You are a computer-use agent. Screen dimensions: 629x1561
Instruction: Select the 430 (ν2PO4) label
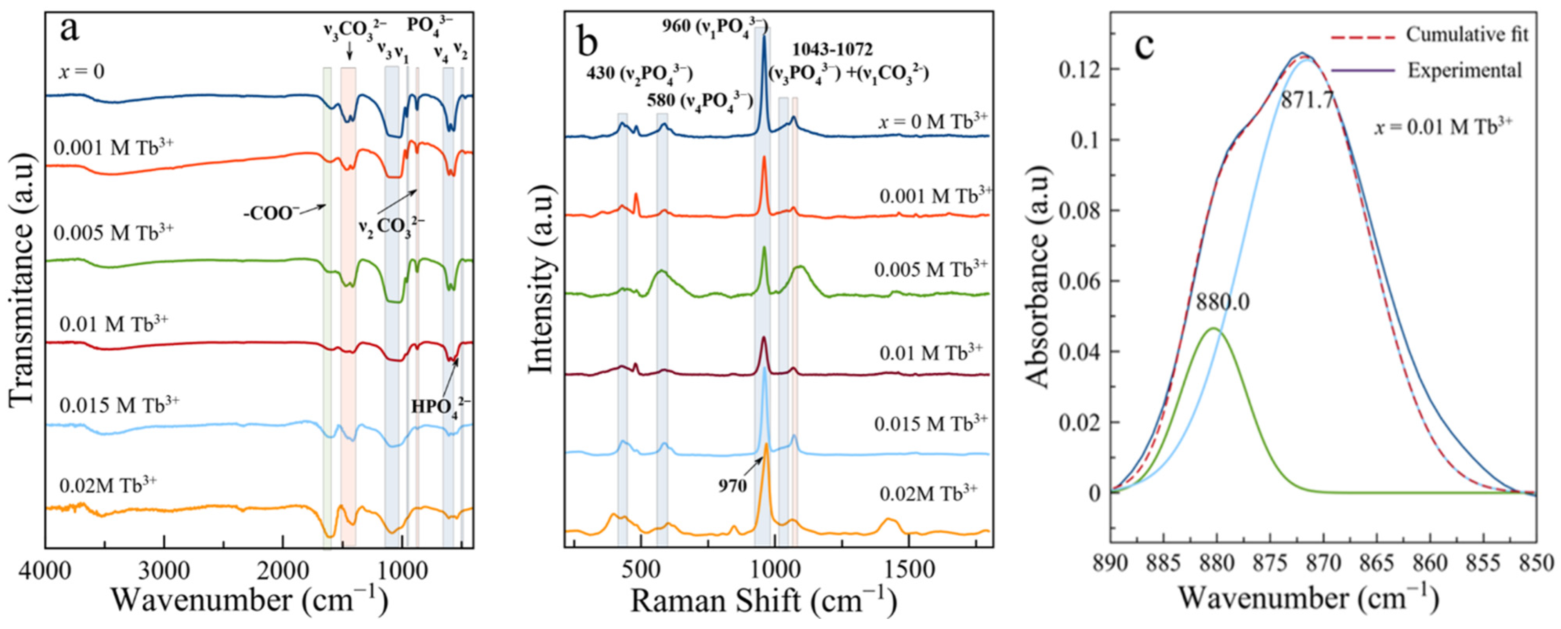click(639, 73)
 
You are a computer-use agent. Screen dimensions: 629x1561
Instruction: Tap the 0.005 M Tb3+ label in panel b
click(930, 268)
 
